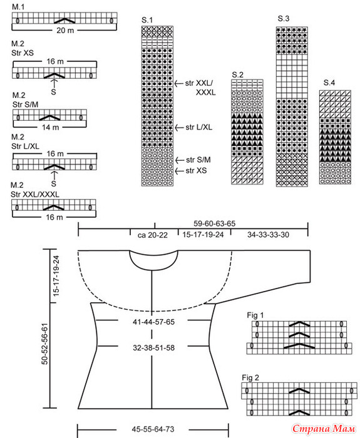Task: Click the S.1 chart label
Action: tap(147, 20)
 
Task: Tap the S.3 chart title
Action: tap(284, 19)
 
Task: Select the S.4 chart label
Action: tap(329, 83)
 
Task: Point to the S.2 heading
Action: tap(237, 75)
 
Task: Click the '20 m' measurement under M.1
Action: tap(65, 30)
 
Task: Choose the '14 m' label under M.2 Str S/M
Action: tap(51, 128)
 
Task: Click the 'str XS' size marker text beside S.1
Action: tap(196, 170)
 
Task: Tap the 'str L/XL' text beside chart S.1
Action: tap(198, 128)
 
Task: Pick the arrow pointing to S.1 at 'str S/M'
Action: tap(179, 160)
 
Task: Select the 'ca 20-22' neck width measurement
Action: tap(153, 235)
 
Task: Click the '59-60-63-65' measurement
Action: tap(215, 223)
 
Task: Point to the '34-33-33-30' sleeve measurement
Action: tap(268, 235)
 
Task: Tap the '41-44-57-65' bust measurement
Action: tap(154, 322)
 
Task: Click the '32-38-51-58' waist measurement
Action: tap(154, 348)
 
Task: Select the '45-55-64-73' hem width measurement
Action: tap(153, 429)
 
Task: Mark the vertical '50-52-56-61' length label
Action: tap(45, 344)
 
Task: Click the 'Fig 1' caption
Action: tap(255, 315)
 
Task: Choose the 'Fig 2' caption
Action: tap(250, 378)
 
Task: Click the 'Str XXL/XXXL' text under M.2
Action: tap(35, 195)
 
